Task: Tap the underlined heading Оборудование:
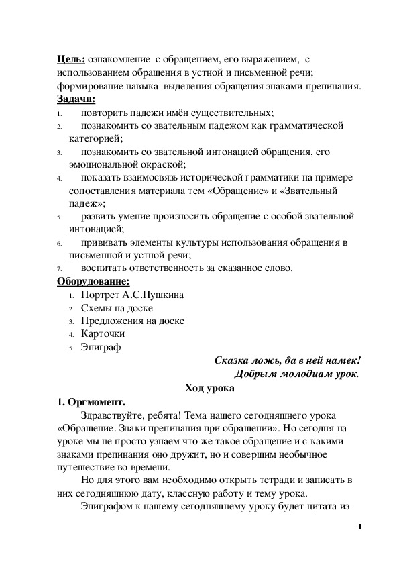(93, 281)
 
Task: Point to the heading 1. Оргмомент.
(91, 402)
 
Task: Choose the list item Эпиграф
(101, 348)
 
